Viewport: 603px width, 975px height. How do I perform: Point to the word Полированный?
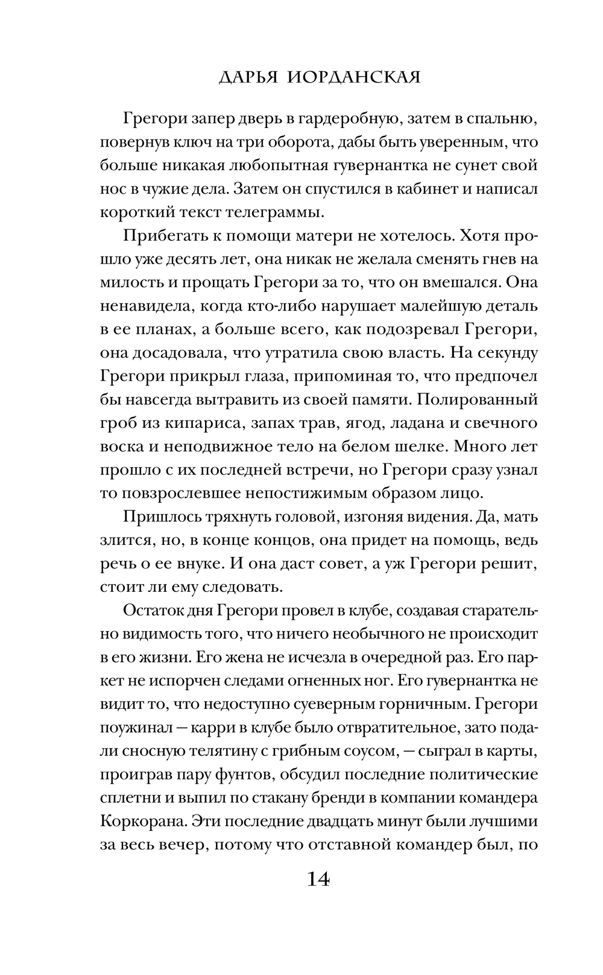(470, 399)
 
